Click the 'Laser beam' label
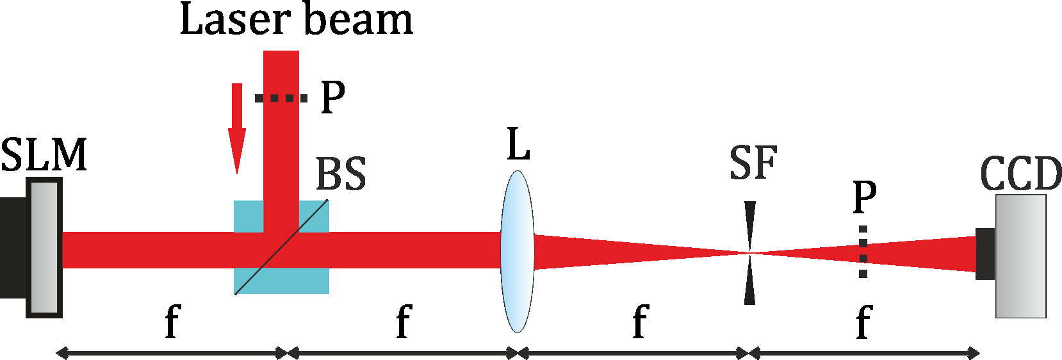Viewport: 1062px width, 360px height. (x=296, y=19)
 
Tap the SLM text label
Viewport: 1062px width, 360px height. (x=44, y=155)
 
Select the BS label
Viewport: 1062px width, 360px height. (x=341, y=174)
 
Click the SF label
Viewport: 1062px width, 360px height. (x=753, y=163)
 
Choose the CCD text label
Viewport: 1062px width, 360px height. (x=1021, y=174)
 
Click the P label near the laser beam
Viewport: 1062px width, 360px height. (x=332, y=97)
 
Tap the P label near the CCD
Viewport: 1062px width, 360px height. (x=864, y=197)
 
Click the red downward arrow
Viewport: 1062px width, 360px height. (x=237, y=128)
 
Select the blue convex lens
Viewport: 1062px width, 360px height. (x=518, y=251)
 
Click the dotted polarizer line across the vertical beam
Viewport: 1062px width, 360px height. (x=281, y=98)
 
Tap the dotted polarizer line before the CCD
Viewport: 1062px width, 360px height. (x=863, y=252)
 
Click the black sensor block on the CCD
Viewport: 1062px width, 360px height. (x=985, y=254)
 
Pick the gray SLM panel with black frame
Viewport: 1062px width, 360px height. (x=44, y=248)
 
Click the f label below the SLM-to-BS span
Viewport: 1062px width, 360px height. (x=172, y=322)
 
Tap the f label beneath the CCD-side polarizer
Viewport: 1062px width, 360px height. (x=863, y=322)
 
